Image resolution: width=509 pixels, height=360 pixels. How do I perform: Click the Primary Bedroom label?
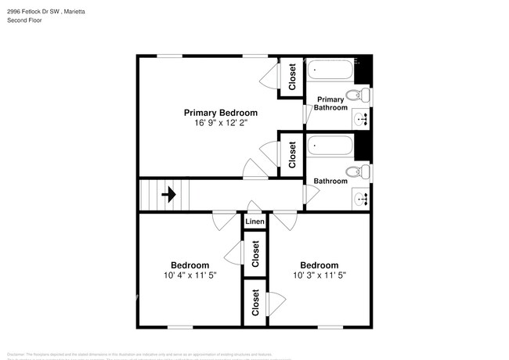point(220,113)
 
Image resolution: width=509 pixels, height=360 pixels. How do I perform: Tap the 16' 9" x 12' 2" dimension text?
point(220,123)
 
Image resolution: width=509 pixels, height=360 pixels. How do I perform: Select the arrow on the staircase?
point(168,194)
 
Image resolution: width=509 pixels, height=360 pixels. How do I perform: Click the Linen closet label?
point(254,222)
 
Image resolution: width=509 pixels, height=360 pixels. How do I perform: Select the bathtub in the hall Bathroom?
point(330,146)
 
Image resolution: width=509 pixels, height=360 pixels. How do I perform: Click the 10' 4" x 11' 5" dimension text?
point(190,275)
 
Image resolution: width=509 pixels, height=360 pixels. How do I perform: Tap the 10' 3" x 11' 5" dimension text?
point(319,275)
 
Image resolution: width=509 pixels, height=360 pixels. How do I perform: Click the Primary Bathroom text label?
point(330,103)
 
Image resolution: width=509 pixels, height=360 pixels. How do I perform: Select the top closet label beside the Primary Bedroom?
point(292,77)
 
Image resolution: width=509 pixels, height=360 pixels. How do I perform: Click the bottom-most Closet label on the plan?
point(255,302)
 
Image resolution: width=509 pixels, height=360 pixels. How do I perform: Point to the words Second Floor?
point(25,20)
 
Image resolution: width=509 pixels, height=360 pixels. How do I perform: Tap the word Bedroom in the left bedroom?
point(190,265)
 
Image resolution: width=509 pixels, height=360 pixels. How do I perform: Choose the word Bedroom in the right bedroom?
point(319,265)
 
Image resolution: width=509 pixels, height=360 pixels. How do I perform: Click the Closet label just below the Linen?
point(255,254)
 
